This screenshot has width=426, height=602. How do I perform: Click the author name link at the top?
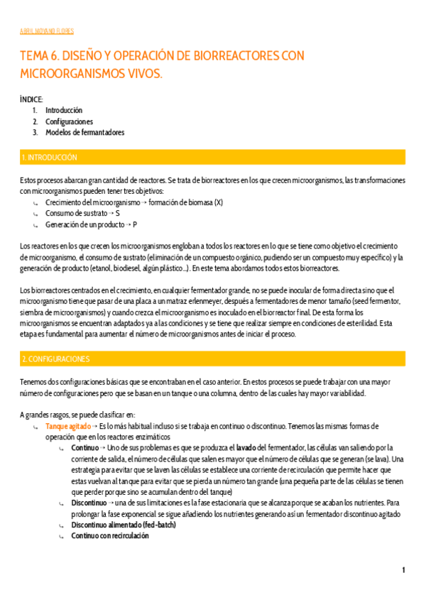pyautogui.click(x=47, y=31)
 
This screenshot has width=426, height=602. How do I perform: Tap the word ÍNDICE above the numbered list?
pyautogui.click(x=32, y=99)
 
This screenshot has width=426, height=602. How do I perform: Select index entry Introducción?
pyautogui.click(x=64, y=110)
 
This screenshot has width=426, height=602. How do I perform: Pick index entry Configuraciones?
pyautogui.click(x=69, y=121)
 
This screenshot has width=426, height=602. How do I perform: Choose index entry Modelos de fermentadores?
pyautogui.click(x=84, y=132)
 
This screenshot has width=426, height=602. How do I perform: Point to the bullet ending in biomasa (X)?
pyautogui.click(x=133, y=202)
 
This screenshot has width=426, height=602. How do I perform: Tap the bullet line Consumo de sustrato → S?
pyautogui.click(x=82, y=213)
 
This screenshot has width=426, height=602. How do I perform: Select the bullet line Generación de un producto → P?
pyautogui.click(x=92, y=224)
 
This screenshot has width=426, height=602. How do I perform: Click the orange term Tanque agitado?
pyautogui.click(x=67, y=426)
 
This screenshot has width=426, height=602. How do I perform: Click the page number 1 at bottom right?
pyautogui.click(x=403, y=570)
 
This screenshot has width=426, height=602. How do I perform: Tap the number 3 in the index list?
pyautogui.click(x=35, y=132)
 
